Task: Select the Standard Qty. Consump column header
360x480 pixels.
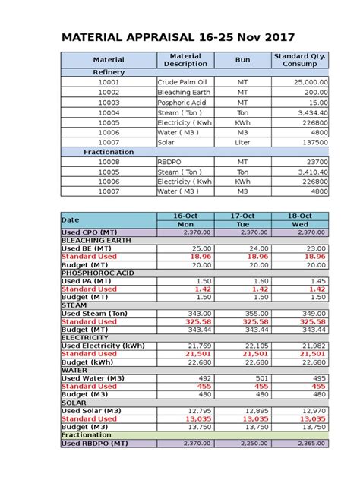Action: click(x=301, y=59)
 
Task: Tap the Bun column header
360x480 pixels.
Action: click(x=242, y=59)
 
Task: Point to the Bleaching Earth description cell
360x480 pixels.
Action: click(x=184, y=92)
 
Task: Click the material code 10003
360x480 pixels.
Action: click(x=109, y=102)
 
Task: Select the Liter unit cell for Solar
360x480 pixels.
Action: click(x=242, y=142)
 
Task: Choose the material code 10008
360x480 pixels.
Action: click(x=109, y=162)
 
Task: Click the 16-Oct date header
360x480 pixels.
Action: click(x=185, y=216)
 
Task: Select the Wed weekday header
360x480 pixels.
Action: click(x=300, y=225)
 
